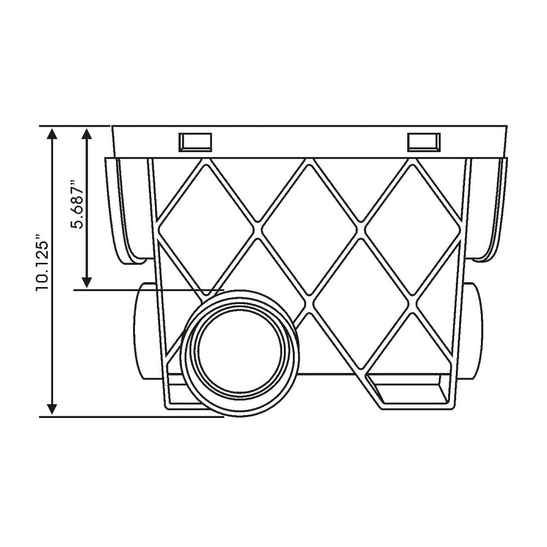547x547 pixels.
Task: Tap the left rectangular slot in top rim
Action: click(x=195, y=142)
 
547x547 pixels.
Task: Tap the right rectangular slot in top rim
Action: click(x=423, y=142)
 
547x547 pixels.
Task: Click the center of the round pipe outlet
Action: click(x=240, y=353)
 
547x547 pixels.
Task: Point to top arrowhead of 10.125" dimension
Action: click(x=52, y=134)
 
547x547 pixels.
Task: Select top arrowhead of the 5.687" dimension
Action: click(x=86, y=134)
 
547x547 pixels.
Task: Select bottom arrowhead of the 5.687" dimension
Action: click(x=86, y=282)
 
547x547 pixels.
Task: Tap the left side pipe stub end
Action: click(x=143, y=331)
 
